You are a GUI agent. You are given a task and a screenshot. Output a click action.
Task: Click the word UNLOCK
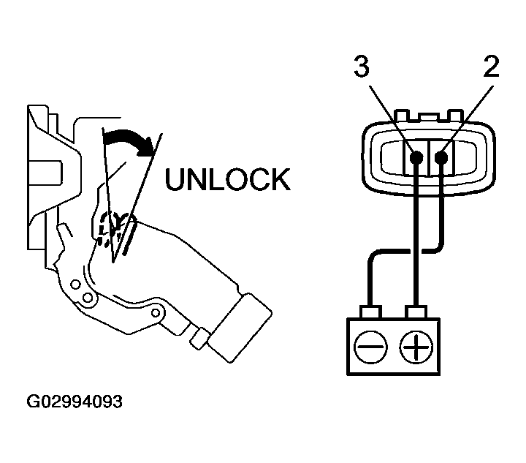pos(227,179)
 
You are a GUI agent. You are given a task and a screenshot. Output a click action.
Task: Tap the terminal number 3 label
pos(361,67)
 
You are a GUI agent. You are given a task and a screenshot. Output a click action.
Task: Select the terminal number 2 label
pos(491,67)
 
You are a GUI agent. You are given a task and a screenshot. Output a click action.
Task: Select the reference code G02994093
pos(75,402)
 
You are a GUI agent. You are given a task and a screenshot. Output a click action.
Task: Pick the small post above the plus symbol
pos(416,314)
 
